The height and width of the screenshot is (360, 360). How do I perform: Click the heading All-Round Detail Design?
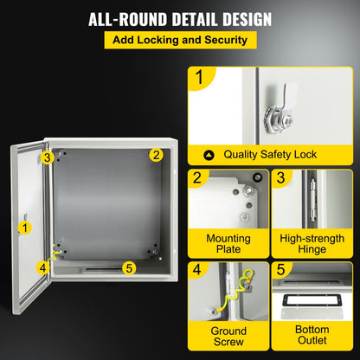tap(179, 17)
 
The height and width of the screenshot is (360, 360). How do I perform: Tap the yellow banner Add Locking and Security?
tap(179, 40)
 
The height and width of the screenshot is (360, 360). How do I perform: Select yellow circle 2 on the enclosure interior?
tap(156, 155)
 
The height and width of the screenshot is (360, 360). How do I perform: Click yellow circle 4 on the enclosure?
tap(42, 267)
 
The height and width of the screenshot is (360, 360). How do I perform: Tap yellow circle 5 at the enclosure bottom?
tap(128, 267)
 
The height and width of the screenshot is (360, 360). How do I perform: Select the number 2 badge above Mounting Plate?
tap(199, 178)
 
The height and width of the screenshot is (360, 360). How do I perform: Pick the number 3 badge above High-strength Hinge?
tap(281, 178)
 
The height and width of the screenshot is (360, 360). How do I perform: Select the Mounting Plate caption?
tap(228, 243)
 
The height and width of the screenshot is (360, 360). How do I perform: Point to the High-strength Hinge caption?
tap(312, 243)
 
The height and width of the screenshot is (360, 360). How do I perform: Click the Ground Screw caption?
tap(228, 337)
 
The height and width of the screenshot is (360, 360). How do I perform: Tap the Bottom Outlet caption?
tap(312, 337)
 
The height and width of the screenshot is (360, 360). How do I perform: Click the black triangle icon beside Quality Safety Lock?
tap(209, 155)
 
